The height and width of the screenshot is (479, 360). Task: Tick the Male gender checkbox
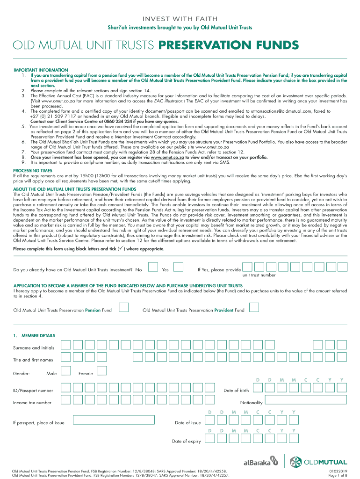(x=66, y=371)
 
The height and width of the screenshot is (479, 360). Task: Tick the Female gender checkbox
(x=102, y=371)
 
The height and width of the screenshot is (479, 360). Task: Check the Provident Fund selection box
(x=254, y=307)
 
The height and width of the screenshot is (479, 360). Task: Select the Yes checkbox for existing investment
(x=179, y=267)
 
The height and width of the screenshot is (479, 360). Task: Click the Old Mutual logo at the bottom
(x=318, y=462)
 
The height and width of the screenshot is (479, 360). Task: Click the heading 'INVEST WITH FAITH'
(x=180, y=19)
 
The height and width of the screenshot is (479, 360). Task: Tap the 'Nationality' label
(x=252, y=403)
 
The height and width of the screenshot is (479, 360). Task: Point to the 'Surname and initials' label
(x=34, y=348)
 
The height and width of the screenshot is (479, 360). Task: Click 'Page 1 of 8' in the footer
(x=338, y=475)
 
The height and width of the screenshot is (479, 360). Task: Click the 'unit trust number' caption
(x=259, y=275)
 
